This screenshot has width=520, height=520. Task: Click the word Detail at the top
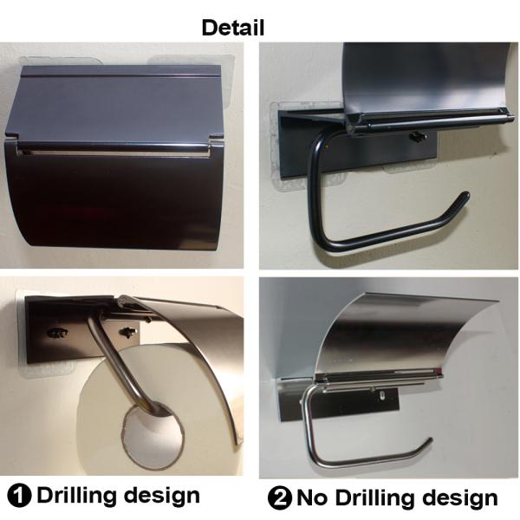pyautogui.click(x=232, y=28)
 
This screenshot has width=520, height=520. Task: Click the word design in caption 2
pyautogui.click(x=457, y=498)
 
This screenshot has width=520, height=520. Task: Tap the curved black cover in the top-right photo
pyautogui.click(x=416, y=74)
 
